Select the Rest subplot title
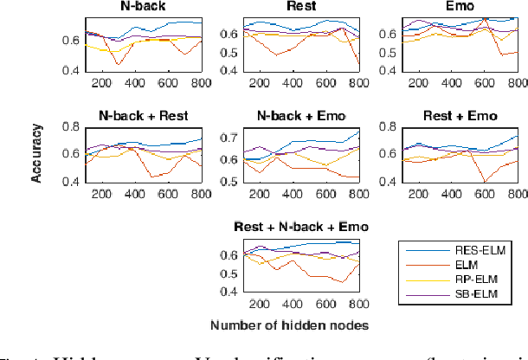pos(300,6)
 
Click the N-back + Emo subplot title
pos(300,116)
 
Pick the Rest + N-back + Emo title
pos(300,227)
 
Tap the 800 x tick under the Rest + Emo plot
pos(518,194)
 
